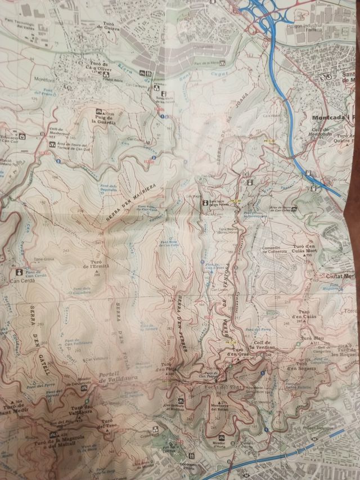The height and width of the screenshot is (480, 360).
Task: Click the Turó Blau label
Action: [x=310, y=338]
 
